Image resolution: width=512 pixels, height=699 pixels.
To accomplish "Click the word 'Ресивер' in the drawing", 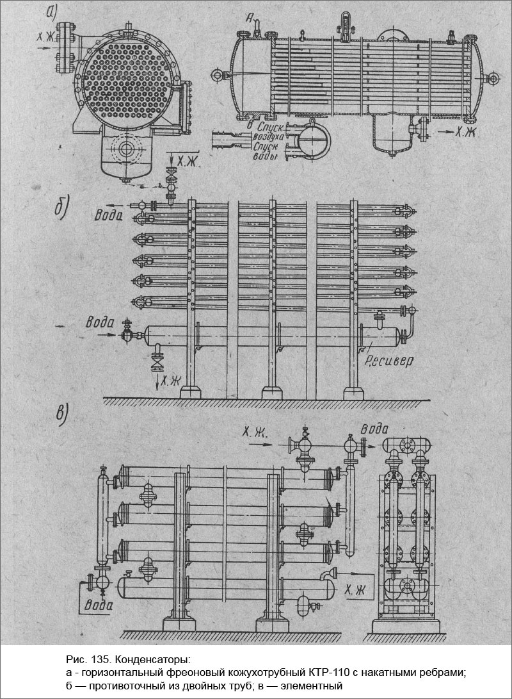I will [390, 361].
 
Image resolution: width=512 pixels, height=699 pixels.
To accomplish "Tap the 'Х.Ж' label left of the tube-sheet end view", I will [44, 37].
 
